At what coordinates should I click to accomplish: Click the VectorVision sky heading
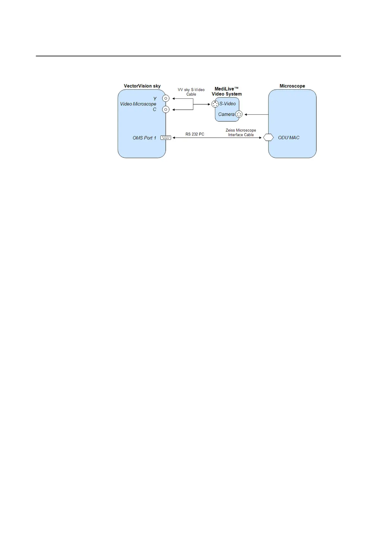[142, 86]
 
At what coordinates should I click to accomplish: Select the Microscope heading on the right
[292, 86]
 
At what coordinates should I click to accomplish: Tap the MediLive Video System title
[227, 91]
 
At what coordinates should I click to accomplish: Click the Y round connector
[166, 98]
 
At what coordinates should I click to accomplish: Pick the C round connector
[166, 110]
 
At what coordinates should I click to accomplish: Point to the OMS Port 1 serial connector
[166, 138]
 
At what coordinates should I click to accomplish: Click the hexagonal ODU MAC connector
[268, 138]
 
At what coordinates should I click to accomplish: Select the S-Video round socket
[215, 104]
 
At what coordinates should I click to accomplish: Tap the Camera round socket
[239, 114]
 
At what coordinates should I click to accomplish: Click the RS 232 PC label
[195, 134]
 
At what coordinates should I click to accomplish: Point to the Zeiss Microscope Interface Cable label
[241, 132]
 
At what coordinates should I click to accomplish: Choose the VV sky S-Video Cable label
[191, 92]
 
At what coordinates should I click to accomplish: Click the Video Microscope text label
[138, 104]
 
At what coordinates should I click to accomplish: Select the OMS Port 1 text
[144, 138]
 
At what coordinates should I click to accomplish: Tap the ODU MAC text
[289, 138]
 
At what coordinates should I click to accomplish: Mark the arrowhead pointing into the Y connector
[174, 98]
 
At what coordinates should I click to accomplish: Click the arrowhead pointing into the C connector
[174, 110]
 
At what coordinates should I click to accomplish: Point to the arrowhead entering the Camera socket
[246, 114]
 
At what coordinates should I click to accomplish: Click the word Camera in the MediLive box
[226, 114]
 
